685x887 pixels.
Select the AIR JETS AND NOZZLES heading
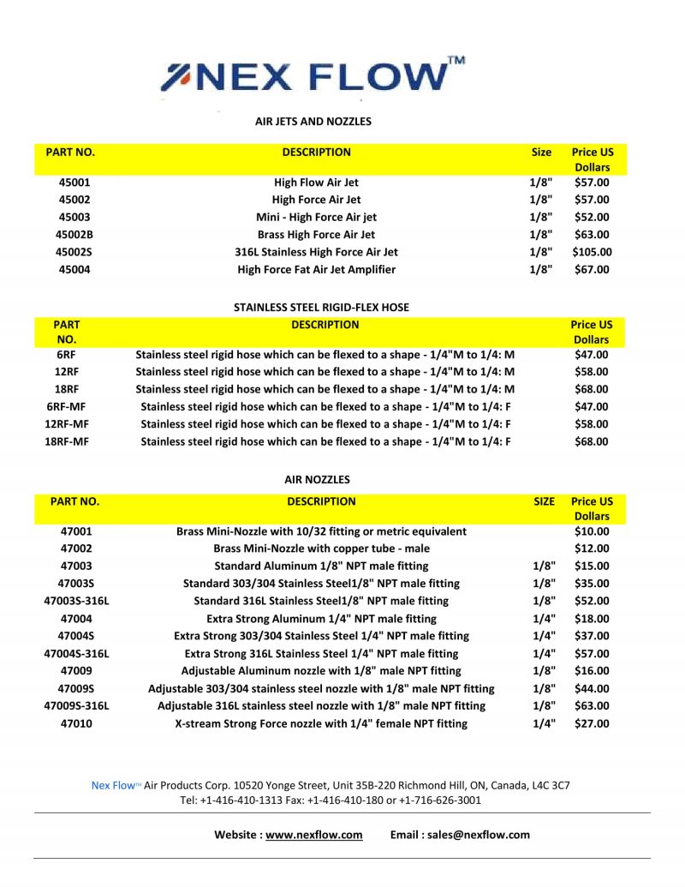click(x=313, y=122)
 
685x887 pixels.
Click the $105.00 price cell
click(x=592, y=252)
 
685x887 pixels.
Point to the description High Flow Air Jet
click(x=316, y=183)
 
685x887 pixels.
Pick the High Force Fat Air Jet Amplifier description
click(x=316, y=270)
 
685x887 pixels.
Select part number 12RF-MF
click(x=68, y=424)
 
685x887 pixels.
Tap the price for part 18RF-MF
click(x=591, y=442)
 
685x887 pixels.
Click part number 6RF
click(x=67, y=355)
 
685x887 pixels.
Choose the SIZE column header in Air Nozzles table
click(x=544, y=501)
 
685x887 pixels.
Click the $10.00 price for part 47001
click(x=592, y=531)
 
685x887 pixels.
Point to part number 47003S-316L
click(x=76, y=601)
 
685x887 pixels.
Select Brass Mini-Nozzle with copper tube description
click(x=321, y=548)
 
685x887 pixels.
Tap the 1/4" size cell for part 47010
click(x=544, y=724)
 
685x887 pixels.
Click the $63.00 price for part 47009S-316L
click(x=592, y=706)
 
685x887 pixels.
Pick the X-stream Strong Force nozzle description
click(x=321, y=724)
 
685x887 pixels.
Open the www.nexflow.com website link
click(x=313, y=835)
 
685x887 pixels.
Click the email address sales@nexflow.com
click(x=484, y=835)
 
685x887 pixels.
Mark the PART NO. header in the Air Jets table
click(x=70, y=153)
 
